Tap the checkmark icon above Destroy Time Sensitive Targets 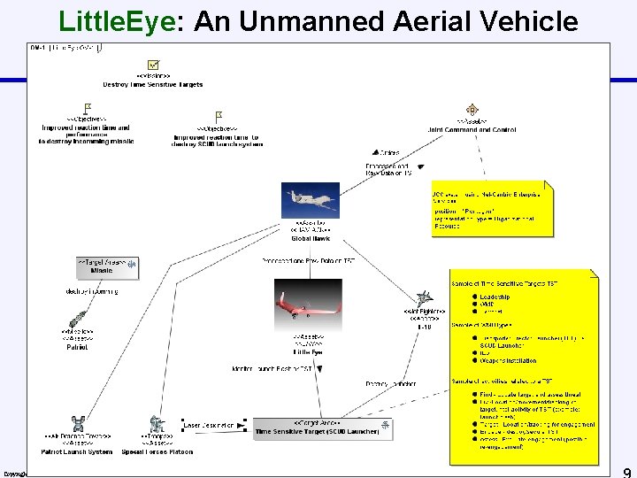[153, 64]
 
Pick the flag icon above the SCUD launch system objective [218, 117]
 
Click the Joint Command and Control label [472, 130]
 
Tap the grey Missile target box [107, 266]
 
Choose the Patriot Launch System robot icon [77, 424]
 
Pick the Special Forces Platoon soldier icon [157, 424]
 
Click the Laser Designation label [209, 426]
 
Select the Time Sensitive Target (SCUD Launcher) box [317, 428]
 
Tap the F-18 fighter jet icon [425, 299]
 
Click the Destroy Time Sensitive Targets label [153, 85]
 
